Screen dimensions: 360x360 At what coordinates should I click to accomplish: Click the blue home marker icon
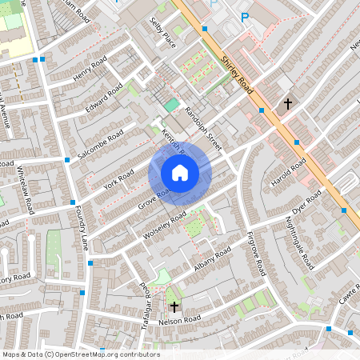(x=180, y=173)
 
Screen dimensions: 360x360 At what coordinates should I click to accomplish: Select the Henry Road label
(x=90, y=70)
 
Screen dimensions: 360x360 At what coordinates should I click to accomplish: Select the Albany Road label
(x=212, y=259)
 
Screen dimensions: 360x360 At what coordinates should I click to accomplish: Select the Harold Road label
(x=288, y=174)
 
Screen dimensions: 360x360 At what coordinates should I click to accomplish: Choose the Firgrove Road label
(x=256, y=254)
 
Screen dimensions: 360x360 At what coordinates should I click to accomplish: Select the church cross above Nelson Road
(x=174, y=305)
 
